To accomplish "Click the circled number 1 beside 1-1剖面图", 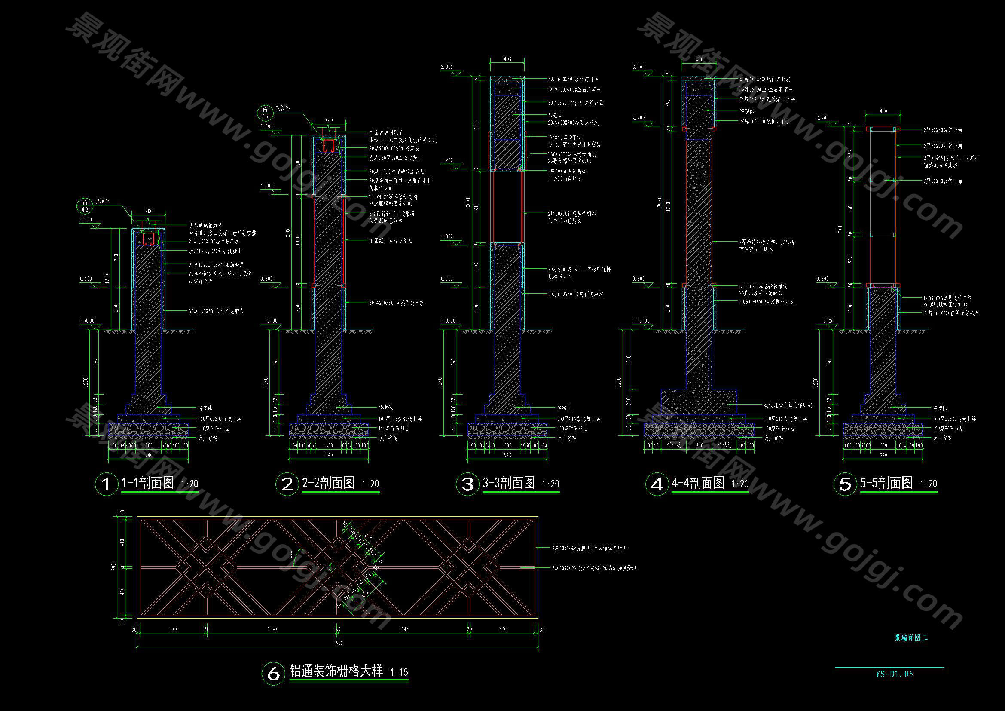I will pos(107,484).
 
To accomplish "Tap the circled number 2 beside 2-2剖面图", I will pos(287,484).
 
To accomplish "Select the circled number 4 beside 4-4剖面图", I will pos(657,484).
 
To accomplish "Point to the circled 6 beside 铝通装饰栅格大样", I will pos(273,673).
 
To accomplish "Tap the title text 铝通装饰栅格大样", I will pos(336,671).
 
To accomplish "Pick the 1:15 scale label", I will pos(399,672).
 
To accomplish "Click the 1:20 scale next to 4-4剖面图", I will pos(740,484).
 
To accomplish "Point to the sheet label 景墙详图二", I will pos(911,638).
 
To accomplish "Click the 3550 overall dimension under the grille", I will pos(337,643).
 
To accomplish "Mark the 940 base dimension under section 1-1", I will pos(149,455).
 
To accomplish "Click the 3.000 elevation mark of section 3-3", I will pos(447,67).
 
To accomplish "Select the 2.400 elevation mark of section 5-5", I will pos(823,118).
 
